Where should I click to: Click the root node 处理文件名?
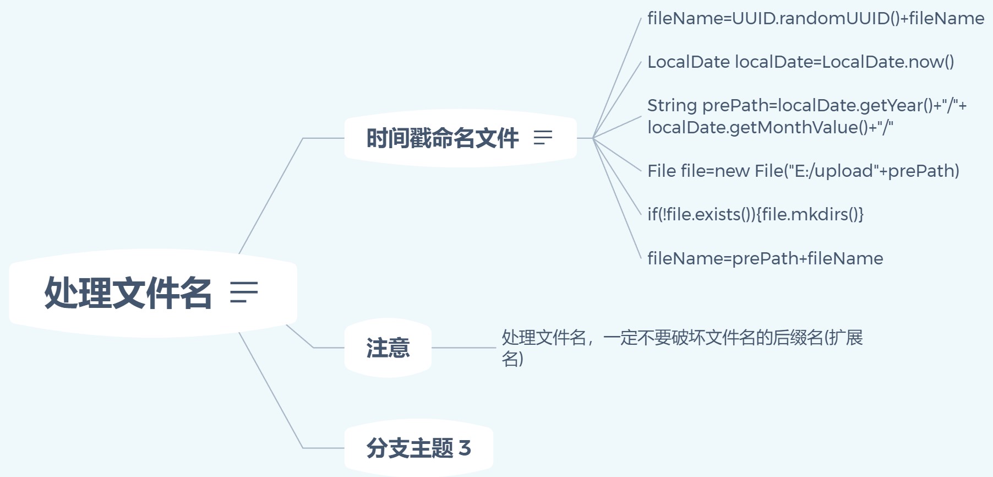(x=128, y=292)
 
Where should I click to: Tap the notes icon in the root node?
(x=244, y=292)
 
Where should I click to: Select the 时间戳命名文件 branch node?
(x=443, y=138)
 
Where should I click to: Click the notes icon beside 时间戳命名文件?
(x=543, y=138)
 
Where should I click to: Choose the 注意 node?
(x=388, y=348)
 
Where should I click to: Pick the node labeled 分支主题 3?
(x=418, y=448)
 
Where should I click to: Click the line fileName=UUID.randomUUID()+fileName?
(x=815, y=19)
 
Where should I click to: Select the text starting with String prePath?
(x=806, y=116)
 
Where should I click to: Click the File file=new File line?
(x=803, y=171)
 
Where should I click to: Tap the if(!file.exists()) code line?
(x=755, y=214)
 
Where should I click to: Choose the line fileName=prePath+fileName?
(x=765, y=258)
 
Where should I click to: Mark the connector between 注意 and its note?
(x=463, y=348)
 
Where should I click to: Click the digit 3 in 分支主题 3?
(x=465, y=448)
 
